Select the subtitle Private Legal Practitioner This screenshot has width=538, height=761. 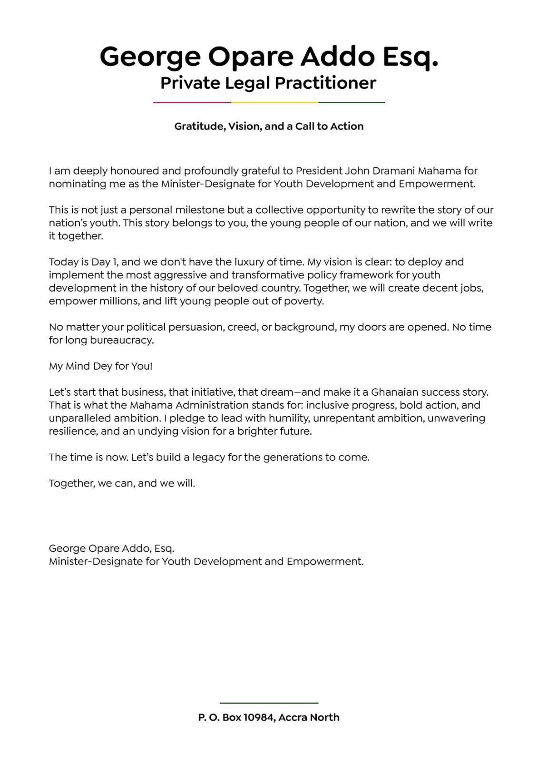[268, 83]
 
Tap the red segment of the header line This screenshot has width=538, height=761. [192, 102]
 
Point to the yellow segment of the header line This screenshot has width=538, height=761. [274, 102]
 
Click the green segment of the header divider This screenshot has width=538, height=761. [352, 102]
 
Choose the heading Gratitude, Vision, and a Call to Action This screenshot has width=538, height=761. [269, 126]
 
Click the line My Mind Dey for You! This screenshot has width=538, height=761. [100, 366]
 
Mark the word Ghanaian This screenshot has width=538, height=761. [396, 392]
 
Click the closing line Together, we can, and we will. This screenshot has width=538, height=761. [122, 483]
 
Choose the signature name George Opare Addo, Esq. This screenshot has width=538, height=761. [111, 548]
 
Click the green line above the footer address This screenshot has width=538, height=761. [269, 702]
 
